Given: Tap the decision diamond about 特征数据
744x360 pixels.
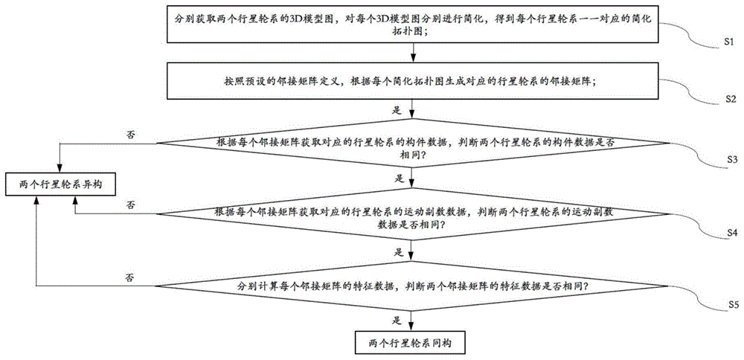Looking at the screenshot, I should pyautogui.click(x=412, y=286).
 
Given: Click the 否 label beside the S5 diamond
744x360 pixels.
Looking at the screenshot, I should pyautogui.click(x=131, y=277).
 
